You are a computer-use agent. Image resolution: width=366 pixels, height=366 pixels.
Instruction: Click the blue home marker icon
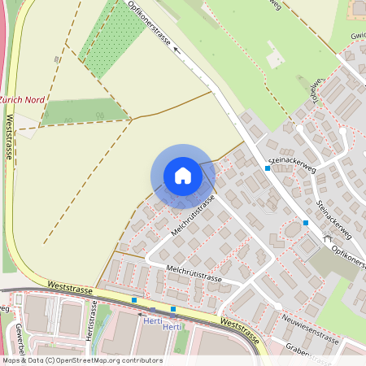(183, 176)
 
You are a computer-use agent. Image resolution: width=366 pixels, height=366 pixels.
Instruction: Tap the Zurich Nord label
(22, 99)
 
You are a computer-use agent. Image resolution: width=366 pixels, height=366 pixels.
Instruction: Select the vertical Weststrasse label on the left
(10, 136)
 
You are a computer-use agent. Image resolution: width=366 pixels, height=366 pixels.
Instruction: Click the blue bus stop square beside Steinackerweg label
(267, 168)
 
